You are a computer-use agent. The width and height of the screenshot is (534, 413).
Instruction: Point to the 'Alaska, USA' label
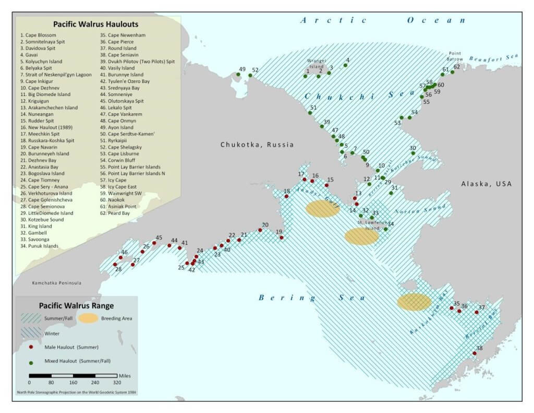click(486, 184)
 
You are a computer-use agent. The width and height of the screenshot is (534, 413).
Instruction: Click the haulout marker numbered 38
click(475, 353)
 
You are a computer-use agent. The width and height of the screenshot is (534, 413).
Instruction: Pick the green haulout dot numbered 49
click(238, 75)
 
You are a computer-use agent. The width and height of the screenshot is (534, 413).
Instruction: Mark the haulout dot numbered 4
click(345, 65)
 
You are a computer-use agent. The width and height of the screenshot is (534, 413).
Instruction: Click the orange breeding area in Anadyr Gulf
click(322, 209)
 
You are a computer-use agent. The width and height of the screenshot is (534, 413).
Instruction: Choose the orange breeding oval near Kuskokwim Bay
click(414, 302)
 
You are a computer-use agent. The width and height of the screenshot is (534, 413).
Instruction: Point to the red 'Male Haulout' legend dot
click(31, 347)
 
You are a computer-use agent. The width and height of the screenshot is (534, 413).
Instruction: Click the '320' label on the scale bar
click(117, 382)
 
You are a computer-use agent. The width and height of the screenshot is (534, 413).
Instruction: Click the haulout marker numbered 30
click(413, 153)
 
